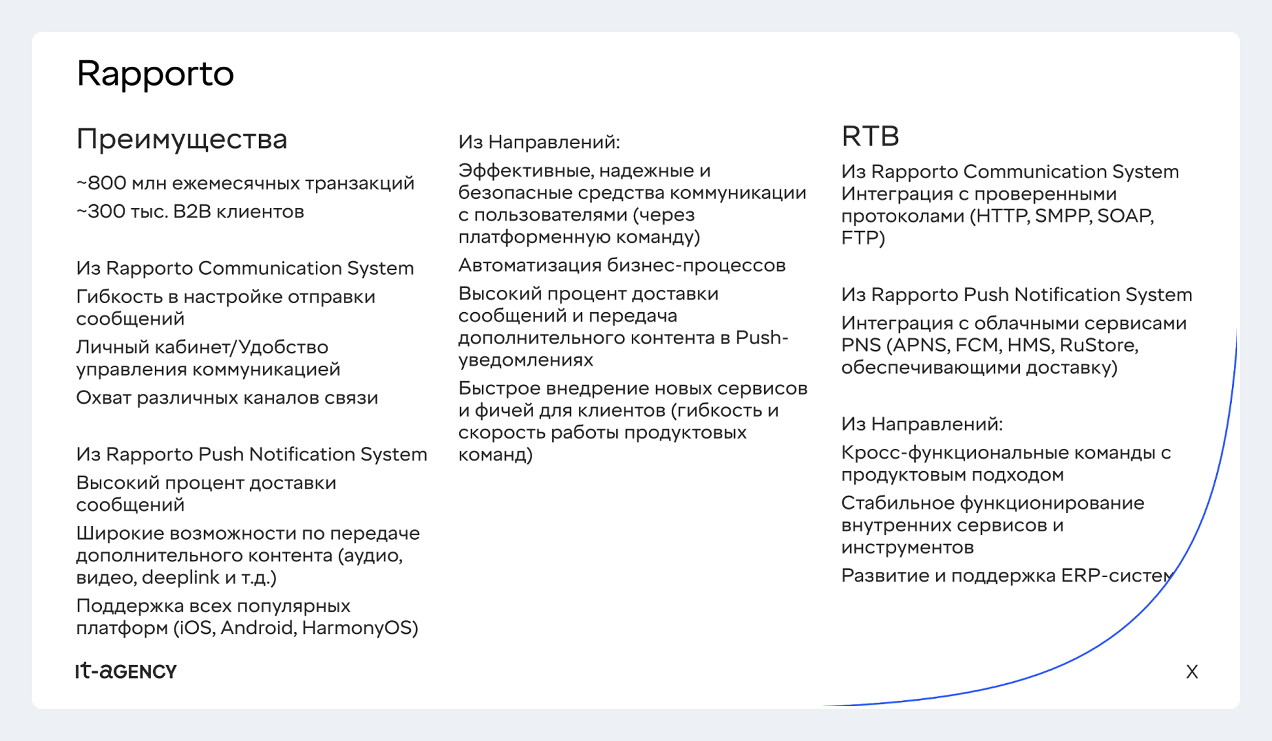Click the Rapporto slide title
tap(155, 74)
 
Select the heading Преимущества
tap(182, 140)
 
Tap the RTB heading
tap(870, 136)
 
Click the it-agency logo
tap(126, 671)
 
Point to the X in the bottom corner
tap(1192, 672)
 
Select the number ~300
tap(101, 211)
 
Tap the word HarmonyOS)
tap(360, 628)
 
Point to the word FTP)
tap(863, 238)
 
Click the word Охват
tap(104, 398)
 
